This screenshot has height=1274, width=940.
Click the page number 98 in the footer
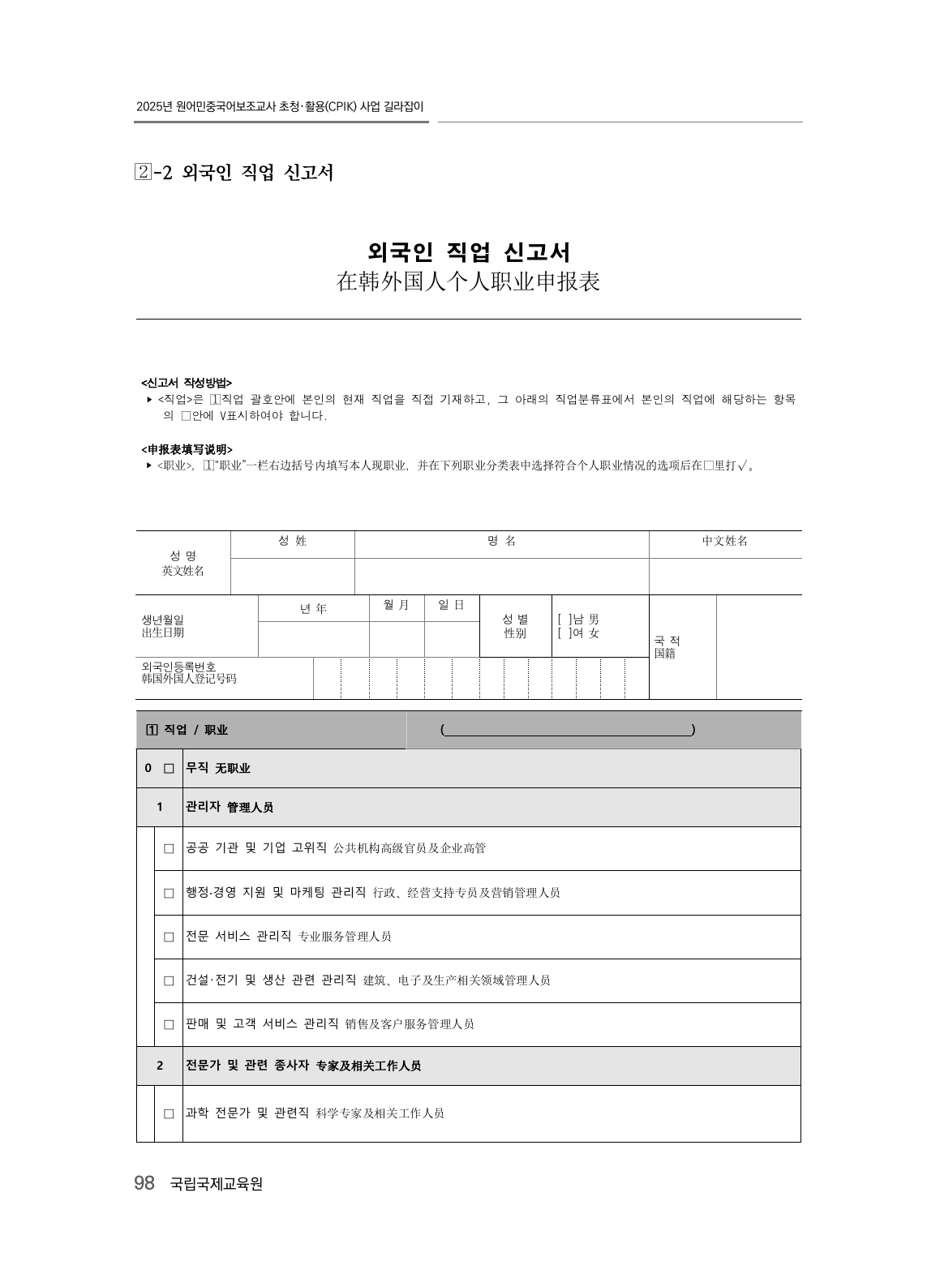coord(144,1184)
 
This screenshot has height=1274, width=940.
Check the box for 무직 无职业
coord(169,769)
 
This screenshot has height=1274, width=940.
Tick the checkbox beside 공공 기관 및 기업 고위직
coord(169,849)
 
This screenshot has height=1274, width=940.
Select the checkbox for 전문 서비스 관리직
coord(169,937)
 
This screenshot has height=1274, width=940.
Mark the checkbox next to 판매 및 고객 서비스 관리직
coord(169,1024)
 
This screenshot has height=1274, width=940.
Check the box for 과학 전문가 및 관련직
coord(169,1114)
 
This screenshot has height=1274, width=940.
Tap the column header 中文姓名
coord(724,541)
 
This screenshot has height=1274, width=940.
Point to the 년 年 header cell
coord(313,609)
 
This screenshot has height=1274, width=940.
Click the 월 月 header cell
coord(397,605)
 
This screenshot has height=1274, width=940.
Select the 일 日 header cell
coord(452,605)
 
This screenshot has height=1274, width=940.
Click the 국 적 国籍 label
coord(667,647)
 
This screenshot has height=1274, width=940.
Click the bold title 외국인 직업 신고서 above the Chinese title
coord(468,252)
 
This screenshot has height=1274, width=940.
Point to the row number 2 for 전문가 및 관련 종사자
coord(160,1066)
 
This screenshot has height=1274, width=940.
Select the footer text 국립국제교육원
coord(217,1184)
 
